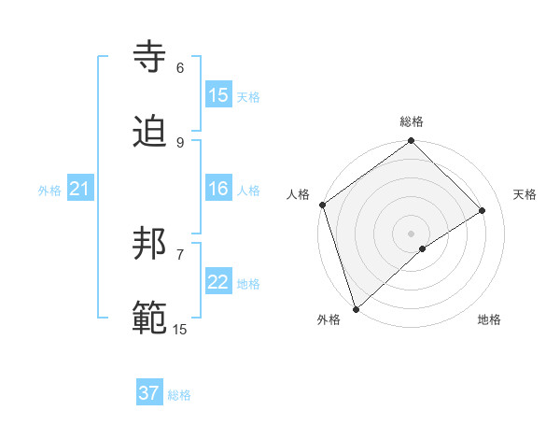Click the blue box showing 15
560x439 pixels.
coord(218,95)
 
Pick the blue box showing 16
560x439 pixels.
coord(218,190)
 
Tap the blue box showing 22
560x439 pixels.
coord(218,283)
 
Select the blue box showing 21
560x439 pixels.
coord(80,190)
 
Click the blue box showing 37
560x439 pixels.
coord(149,394)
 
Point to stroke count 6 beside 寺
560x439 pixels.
coord(180,68)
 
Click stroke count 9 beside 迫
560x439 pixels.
coord(180,142)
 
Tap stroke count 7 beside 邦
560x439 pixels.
coord(180,254)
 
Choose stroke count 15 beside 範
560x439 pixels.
coord(180,329)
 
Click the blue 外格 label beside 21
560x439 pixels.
coord(49,191)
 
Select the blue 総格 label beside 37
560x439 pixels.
coord(179,395)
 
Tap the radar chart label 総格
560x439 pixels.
coord(412,121)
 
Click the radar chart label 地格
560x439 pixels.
coord(489,320)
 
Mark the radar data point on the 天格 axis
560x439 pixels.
coord(483,210)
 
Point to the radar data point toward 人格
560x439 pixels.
coord(322,205)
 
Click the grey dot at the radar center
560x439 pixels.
coord(412,233)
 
